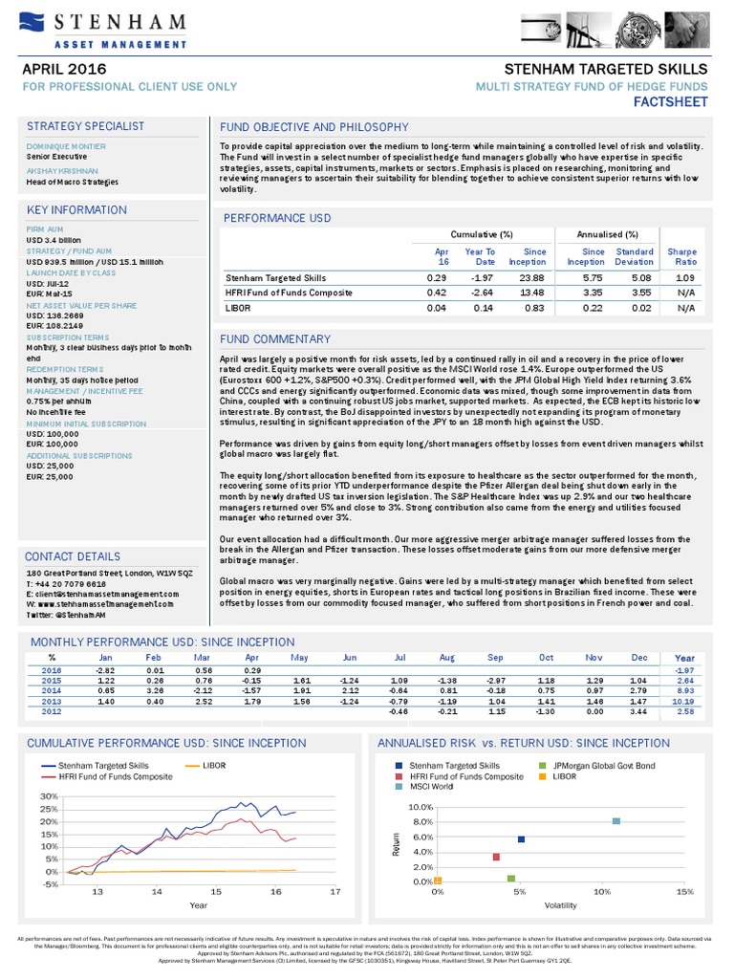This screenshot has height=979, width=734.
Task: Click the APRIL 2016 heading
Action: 65,70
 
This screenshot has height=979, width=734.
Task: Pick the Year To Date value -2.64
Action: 481,293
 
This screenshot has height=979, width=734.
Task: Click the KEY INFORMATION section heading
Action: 76,209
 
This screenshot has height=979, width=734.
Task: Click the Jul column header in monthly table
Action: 400,658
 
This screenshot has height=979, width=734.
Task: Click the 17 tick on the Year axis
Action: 335,891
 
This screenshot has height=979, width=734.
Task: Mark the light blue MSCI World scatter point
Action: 616,821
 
